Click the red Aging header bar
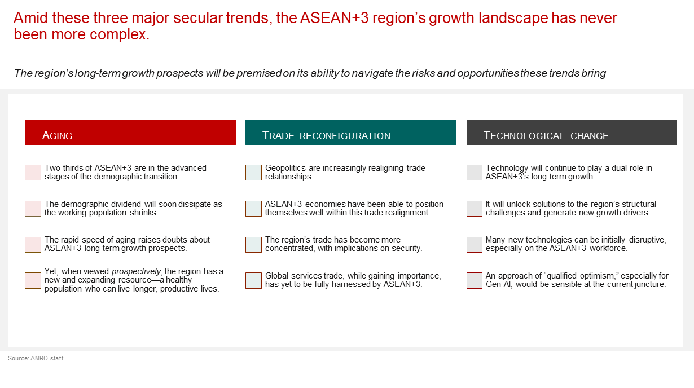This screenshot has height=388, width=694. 130,132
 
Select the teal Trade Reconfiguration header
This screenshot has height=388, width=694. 351,132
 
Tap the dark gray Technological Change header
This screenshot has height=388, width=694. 572,132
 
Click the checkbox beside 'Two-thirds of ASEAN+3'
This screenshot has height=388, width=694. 33,173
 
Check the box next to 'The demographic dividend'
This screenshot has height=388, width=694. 33,209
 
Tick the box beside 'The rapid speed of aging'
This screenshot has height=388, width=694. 33,245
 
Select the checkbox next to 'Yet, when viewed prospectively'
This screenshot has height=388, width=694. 33,280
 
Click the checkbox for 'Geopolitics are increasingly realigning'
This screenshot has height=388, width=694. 253,173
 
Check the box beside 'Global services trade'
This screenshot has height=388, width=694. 253,280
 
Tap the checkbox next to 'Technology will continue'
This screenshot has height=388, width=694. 475,173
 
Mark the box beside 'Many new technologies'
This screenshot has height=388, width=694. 475,245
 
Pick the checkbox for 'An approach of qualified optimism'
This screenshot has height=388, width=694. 475,280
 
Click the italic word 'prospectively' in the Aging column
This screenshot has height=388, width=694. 137,272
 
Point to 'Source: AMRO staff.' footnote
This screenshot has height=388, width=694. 36,358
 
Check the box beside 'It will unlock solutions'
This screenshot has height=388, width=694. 475,209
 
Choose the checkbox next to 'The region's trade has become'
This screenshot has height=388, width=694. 253,245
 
